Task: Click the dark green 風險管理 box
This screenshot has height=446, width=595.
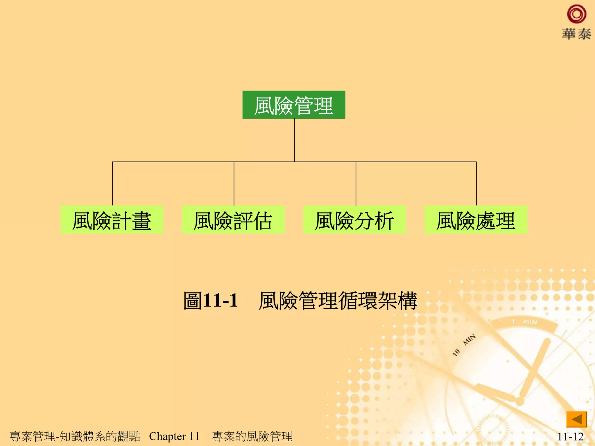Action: (294, 105)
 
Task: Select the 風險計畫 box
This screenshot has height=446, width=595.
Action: (112, 220)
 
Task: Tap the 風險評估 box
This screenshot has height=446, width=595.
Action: (233, 220)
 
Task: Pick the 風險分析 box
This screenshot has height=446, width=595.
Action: (354, 220)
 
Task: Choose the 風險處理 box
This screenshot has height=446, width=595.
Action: (476, 220)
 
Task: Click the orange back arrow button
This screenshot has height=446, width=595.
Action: (576, 419)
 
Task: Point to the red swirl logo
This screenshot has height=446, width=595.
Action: (576, 14)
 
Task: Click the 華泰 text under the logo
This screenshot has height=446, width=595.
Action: (576, 34)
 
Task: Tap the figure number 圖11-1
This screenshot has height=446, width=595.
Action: (211, 300)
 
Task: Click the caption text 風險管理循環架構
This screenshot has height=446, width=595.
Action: (338, 300)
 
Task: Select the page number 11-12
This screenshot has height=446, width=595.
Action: (570, 436)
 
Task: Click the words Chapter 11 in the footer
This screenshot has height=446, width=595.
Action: (174, 436)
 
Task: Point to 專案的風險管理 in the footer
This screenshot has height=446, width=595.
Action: (252, 436)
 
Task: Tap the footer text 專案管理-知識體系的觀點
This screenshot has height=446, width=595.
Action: (75, 436)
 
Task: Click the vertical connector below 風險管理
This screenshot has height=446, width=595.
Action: (294, 140)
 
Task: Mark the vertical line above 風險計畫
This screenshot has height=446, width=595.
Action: (112, 184)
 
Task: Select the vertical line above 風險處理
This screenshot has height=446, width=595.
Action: (476, 184)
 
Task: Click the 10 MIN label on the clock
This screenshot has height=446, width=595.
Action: (464, 345)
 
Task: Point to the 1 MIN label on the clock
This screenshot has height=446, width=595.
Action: (525, 321)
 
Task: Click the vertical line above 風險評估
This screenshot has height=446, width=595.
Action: (234, 184)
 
